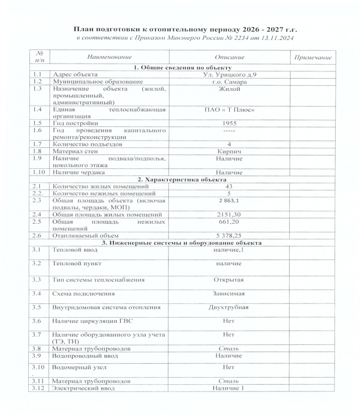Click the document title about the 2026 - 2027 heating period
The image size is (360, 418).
coord(182,28)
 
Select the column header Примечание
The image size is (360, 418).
coord(313,57)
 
